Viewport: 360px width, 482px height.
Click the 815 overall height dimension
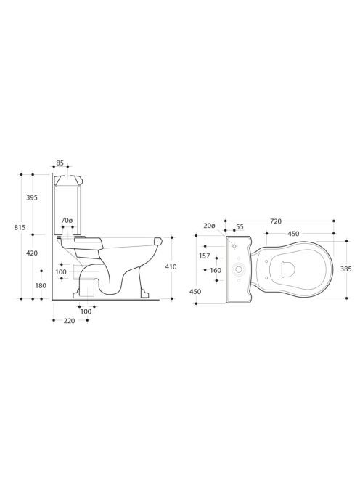click(x=20, y=227)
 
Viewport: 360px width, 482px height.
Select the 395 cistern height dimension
click(x=32, y=197)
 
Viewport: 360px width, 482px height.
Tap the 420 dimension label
click(x=32, y=253)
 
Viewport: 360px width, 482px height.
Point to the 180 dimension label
click(x=41, y=285)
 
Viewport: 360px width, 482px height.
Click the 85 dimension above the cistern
click(x=60, y=163)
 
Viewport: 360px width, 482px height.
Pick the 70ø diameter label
click(x=67, y=221)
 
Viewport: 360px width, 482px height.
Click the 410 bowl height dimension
click(x=171, y=266)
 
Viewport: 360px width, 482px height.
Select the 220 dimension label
click(x=69, y=321)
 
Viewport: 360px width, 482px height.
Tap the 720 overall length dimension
click(x=276, y=221)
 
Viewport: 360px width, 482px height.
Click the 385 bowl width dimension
click(x=346, y=269)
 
